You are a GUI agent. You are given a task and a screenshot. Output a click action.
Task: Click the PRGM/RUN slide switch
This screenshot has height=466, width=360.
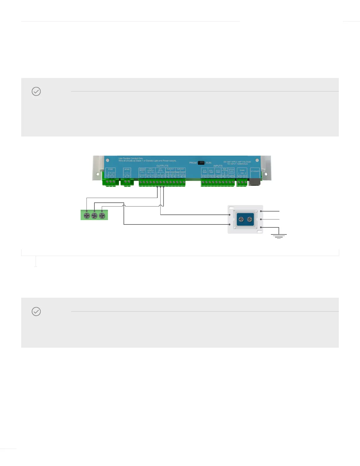(201, 163)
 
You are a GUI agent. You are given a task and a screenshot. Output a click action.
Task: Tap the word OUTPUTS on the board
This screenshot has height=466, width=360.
(162, 166)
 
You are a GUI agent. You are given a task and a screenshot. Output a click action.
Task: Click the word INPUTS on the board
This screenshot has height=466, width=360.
(218, 166)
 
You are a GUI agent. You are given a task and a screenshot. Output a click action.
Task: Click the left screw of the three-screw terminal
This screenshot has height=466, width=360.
(87, 216)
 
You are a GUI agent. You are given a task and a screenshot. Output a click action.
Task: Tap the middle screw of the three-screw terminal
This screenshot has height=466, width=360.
(94, 216)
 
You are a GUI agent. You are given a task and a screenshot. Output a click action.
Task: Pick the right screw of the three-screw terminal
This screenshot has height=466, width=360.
(102, 216)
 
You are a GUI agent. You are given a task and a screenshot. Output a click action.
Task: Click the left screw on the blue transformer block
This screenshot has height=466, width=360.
(241, 219)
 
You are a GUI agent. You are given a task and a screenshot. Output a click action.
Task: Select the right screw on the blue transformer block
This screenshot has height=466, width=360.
(250, 219)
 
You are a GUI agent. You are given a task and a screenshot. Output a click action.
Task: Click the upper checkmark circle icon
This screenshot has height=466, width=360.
(36, 91)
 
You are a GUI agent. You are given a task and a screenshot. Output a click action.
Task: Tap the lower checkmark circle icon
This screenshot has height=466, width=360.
(36, 312)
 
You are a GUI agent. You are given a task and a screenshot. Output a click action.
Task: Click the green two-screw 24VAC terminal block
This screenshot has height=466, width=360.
(127, 182)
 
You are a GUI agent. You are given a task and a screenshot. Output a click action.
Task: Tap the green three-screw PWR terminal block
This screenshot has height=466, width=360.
(110, 182)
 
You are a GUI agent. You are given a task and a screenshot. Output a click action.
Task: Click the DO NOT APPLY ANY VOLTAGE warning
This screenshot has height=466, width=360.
(237, 163)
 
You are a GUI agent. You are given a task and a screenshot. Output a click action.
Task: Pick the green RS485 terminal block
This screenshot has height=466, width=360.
(242, 183)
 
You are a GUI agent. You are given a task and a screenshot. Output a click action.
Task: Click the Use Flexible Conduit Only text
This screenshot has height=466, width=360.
(131, 159)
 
